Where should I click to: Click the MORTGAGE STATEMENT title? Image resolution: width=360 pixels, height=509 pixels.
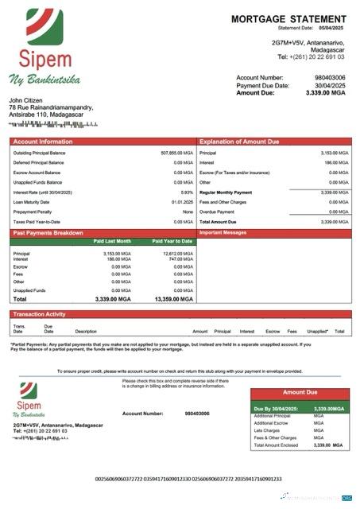coord(288,19)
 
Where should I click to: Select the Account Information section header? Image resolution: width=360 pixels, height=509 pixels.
coord(42,142)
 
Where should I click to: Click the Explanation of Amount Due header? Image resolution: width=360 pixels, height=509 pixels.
coord(238,142)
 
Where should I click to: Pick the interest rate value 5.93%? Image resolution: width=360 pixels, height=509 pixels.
coord(187,192)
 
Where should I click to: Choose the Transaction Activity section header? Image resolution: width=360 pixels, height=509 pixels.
coord(40,315)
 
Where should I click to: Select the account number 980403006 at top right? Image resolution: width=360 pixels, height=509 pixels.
coord(331,78)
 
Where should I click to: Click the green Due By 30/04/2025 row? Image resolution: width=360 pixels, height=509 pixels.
coord(300,408)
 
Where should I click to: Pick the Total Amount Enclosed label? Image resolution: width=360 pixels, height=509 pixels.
coord(277,445)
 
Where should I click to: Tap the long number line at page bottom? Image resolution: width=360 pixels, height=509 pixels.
coord(188,479)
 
